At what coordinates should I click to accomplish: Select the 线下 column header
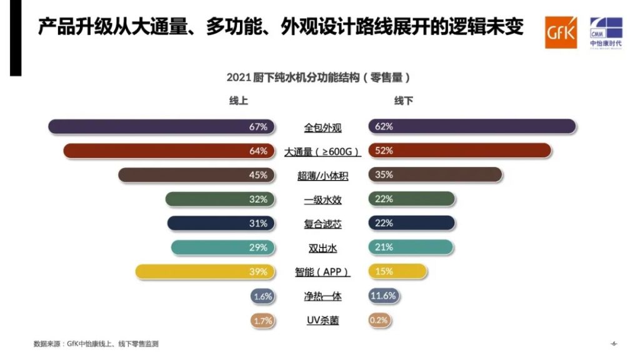403,101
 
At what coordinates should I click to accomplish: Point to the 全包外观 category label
322,127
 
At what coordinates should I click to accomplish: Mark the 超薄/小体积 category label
322,176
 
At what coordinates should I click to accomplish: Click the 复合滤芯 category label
322,224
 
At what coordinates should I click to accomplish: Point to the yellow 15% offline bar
398,271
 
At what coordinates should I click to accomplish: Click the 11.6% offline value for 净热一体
383,296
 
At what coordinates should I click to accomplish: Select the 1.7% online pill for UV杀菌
262,320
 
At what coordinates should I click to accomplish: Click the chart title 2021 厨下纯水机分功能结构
319,77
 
